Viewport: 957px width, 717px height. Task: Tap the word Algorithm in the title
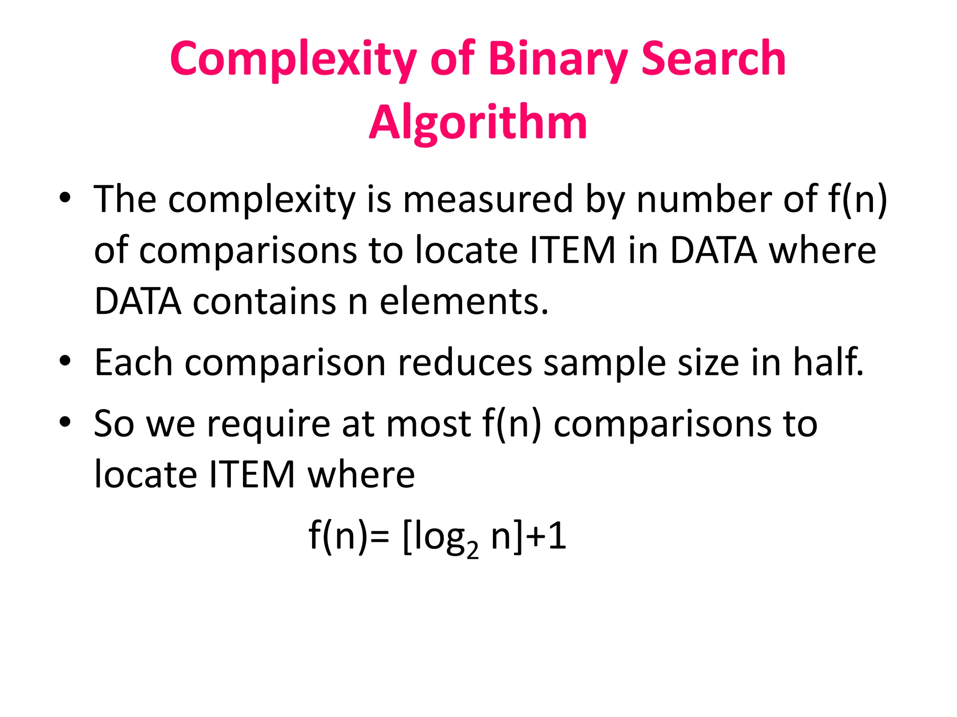coord(478,122)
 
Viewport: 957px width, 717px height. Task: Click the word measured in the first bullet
coord(488,199)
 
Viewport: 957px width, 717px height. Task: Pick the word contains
coord(265,301)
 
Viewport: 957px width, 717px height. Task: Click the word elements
coord(464,301)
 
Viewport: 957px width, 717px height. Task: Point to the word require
coord(268,424)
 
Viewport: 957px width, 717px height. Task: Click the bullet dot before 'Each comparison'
coord(65,361)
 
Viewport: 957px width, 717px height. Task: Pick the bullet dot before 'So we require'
coord(65,422)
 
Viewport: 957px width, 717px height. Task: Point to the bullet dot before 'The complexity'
coord(65,197)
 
